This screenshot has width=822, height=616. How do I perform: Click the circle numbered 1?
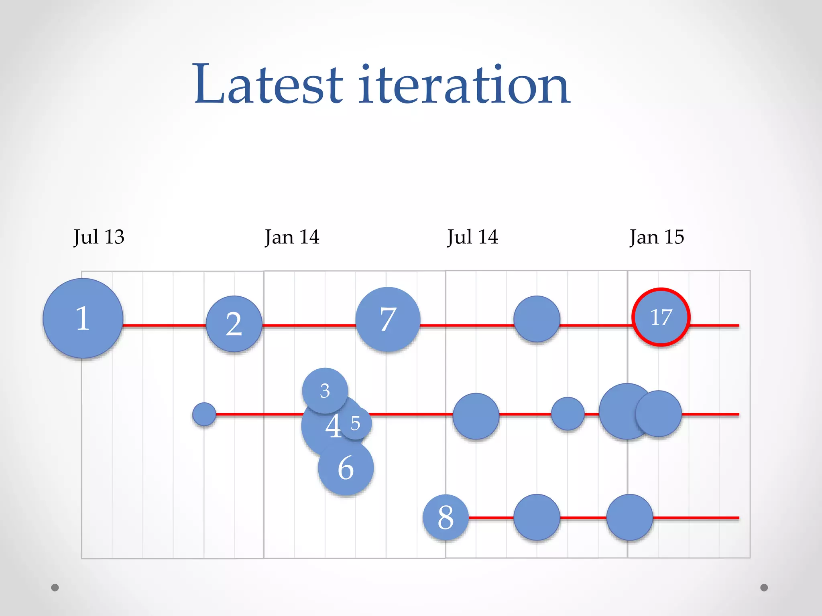tap(83, 318)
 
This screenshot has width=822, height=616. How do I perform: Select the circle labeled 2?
tap(234, 324)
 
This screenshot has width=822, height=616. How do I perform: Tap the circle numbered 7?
tap(388, 319)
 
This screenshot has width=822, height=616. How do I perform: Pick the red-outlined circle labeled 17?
tap(661, 317)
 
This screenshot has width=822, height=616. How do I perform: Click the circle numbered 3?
tap(325, 390)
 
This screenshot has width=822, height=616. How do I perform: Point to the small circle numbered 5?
tap(356, 423)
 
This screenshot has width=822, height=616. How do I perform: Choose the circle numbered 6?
tap(346, 468)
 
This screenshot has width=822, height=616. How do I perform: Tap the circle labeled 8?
tap(446, 517)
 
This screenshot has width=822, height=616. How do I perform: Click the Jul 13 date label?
tap(99, 237)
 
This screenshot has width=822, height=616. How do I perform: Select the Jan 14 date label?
tap(292, 237)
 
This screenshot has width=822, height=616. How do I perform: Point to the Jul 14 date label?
tap(472, 237)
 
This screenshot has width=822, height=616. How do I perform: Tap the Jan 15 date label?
tap(657, 237)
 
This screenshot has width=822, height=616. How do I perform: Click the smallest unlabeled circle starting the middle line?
tap(204, 414)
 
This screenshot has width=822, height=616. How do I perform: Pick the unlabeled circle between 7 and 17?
tap(537, 319)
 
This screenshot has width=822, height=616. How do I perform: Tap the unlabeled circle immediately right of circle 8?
tap(537, 517)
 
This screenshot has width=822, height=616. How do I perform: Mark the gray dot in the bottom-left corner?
tap(55, 588)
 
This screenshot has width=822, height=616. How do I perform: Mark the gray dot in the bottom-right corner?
tap(764, 588)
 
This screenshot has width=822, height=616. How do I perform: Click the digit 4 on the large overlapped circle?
tap(333, 426)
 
